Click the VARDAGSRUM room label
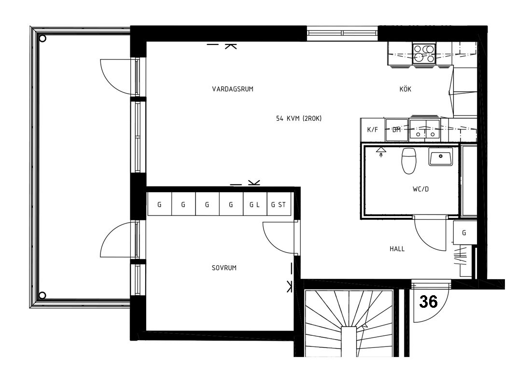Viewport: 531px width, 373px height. [233, 89]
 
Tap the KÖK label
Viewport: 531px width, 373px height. [405, 89]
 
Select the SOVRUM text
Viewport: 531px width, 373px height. [224, 268]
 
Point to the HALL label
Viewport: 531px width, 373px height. [397, 249]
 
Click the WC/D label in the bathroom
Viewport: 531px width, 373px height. [420, 189]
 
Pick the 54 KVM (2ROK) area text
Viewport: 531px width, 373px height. [299, 119]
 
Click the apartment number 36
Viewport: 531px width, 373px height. [428, 301]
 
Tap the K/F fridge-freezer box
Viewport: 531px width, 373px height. [373, 129]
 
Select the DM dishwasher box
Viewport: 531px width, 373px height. [396, 129]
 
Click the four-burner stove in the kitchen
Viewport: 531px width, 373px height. [424, 54]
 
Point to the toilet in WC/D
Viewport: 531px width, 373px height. [408, 160]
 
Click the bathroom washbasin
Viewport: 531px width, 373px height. [441, 157]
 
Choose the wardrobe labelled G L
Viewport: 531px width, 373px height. [255, 204]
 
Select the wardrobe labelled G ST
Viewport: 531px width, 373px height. [279, 204]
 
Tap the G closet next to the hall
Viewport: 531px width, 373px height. [464, 232]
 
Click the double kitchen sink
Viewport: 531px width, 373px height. [425, 129]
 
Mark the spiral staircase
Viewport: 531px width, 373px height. [349, 323]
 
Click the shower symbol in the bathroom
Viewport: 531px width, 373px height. [381, 152]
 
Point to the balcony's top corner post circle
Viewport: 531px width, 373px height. [42, 38]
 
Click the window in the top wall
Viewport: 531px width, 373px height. [342, 33]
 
